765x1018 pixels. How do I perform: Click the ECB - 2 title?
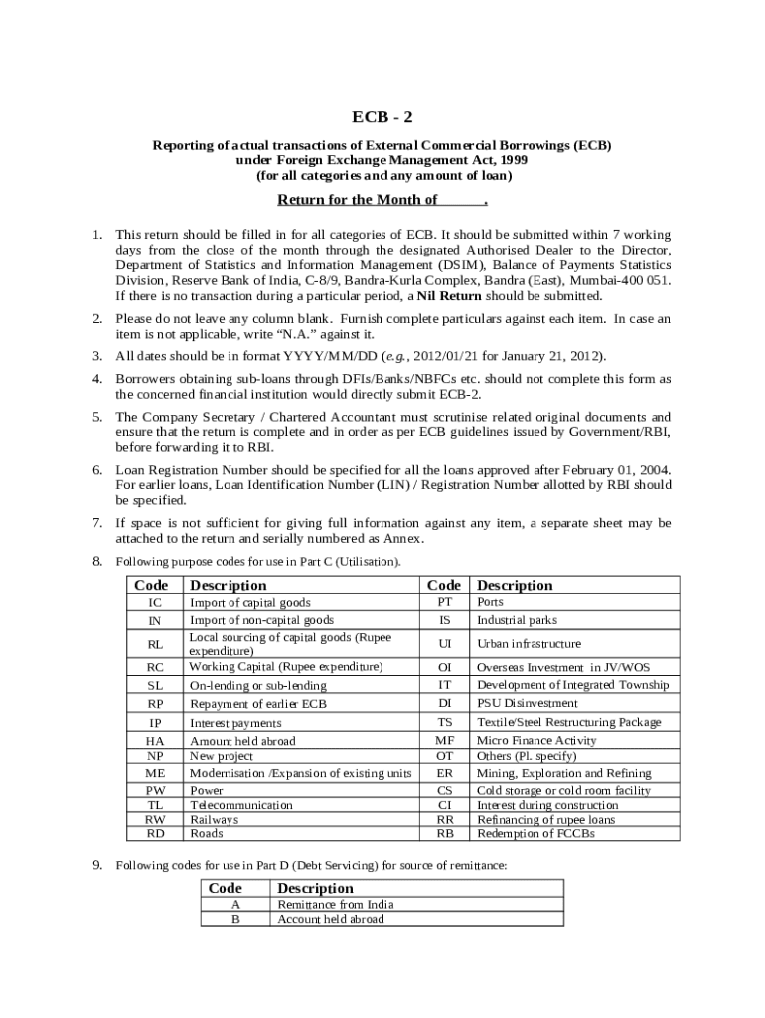382,116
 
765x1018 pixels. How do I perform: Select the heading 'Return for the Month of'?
358,200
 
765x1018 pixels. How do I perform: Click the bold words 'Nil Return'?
448,296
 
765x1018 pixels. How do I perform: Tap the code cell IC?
155,603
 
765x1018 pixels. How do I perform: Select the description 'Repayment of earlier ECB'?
257,703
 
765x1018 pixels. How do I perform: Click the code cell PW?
155,790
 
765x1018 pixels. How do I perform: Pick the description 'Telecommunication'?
241,805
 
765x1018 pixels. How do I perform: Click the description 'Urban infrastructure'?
530,644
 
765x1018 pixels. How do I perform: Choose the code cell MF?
445,740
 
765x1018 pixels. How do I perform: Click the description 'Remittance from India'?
336,904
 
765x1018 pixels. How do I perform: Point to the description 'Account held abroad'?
331,919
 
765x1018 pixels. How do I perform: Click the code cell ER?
445,772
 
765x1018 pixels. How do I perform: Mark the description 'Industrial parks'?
518,620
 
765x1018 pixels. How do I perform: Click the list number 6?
98,469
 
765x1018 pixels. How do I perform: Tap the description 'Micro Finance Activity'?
536,740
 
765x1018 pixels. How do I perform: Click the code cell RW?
155,820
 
